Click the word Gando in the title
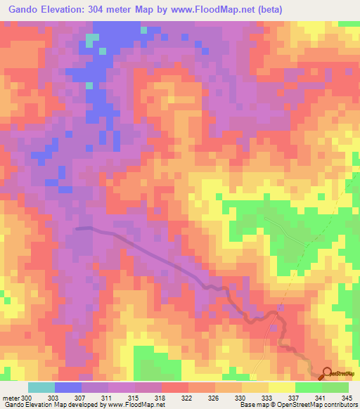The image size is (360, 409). [26, 10]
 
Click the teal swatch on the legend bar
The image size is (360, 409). [41, 387]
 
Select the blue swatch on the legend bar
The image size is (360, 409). [68, 387]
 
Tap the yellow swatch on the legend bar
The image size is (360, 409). [281, 387]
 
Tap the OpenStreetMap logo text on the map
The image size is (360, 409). [345, 375]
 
